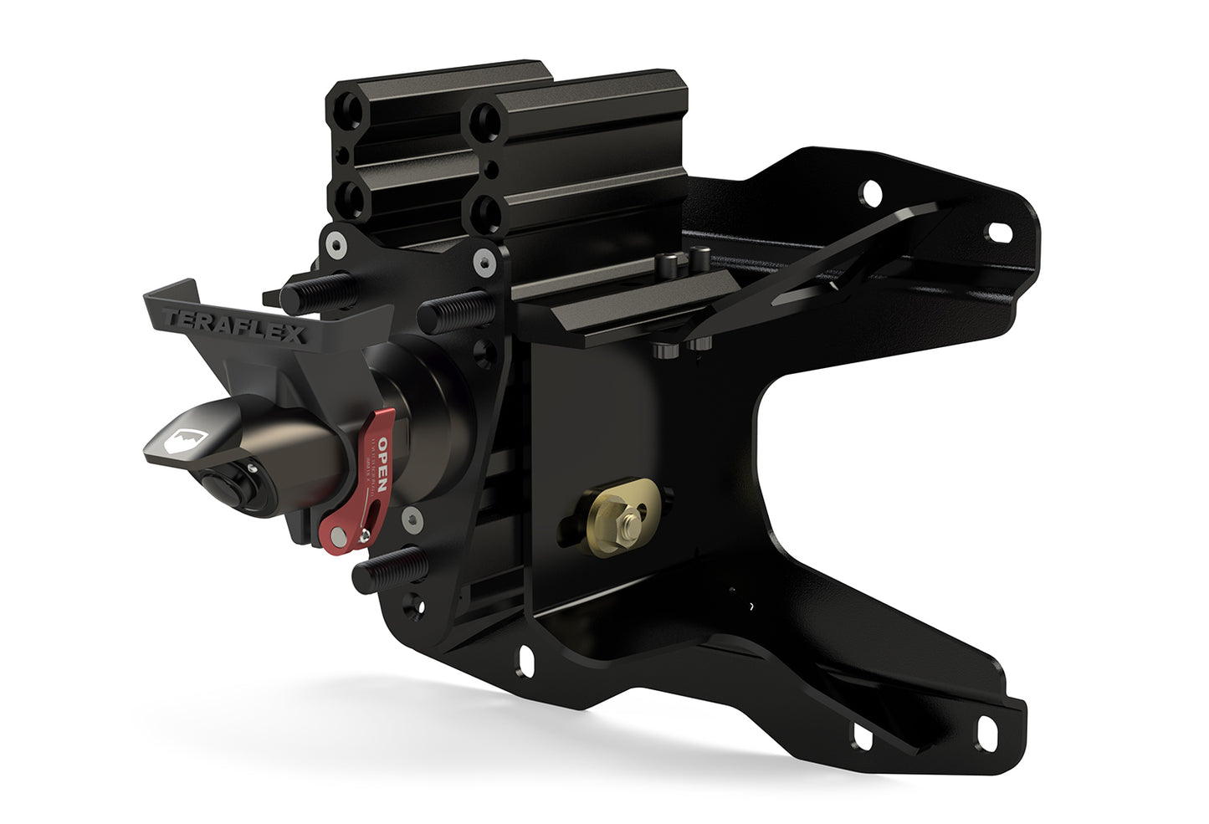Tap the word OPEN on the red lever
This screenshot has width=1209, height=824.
coord(382,464)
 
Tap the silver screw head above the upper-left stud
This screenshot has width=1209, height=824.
coord(335,243)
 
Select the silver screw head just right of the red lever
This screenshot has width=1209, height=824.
coord(410,519)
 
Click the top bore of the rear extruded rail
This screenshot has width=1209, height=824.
coord(350,110)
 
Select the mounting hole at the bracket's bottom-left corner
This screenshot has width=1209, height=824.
coord(527,659)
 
